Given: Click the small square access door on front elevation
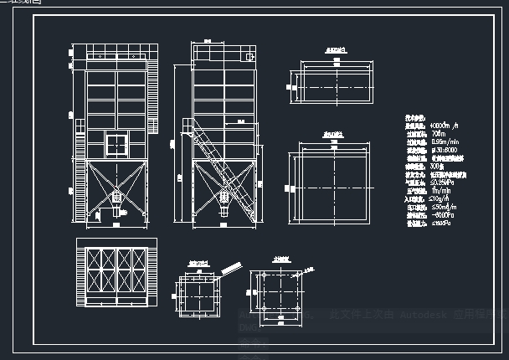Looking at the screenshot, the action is click(x=116, y=141).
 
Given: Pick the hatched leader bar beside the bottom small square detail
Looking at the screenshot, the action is click(x=232, y=270).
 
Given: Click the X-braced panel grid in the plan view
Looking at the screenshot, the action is click(x=116, y=270).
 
